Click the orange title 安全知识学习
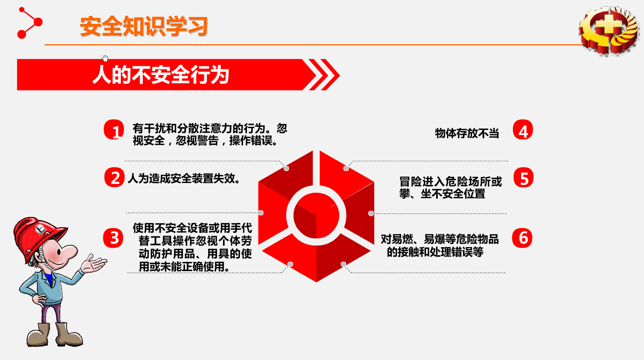[144, 26]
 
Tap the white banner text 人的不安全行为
[161, 75]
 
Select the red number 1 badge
[114, 130]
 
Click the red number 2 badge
[114, 177]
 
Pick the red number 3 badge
[113, 238]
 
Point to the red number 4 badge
[523, 130]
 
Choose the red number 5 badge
[524, 177]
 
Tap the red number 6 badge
[522, 238]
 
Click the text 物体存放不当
[467, 133]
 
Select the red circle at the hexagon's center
[316, 215]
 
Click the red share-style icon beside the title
[30, 23]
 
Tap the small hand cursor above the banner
[105, 58]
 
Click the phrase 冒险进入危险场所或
[451, 182]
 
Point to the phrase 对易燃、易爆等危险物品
[440, 239]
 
